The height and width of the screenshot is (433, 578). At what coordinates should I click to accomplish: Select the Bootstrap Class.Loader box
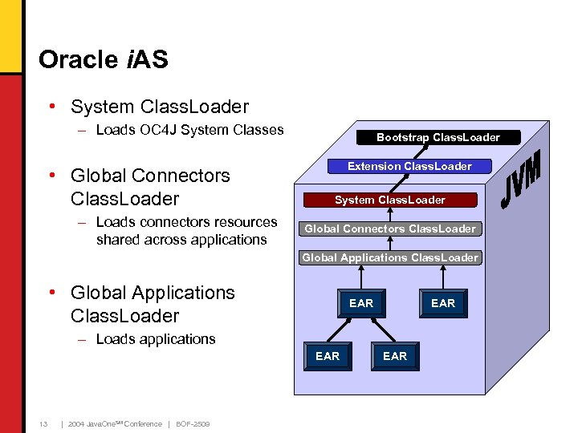(x=438, y=137)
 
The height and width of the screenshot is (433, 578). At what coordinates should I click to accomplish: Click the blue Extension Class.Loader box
(x=409, y=166)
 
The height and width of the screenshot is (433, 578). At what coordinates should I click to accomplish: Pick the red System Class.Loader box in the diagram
(x=389, y=200)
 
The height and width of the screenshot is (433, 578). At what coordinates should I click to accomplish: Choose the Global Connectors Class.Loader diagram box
(x=390, y=229)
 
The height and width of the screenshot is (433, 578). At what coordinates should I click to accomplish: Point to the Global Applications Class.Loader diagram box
(x=390, y=257)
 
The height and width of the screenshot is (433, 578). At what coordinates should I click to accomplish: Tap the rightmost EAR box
(x=443, y=303)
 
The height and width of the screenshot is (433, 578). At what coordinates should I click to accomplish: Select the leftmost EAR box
(x=328, y=356)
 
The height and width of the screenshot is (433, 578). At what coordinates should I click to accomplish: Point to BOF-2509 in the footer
(x=193, y=424)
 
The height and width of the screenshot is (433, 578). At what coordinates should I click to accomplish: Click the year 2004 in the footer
(x=77, y=424)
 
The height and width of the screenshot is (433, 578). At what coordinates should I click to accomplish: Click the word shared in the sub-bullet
(x=116, y=240)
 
